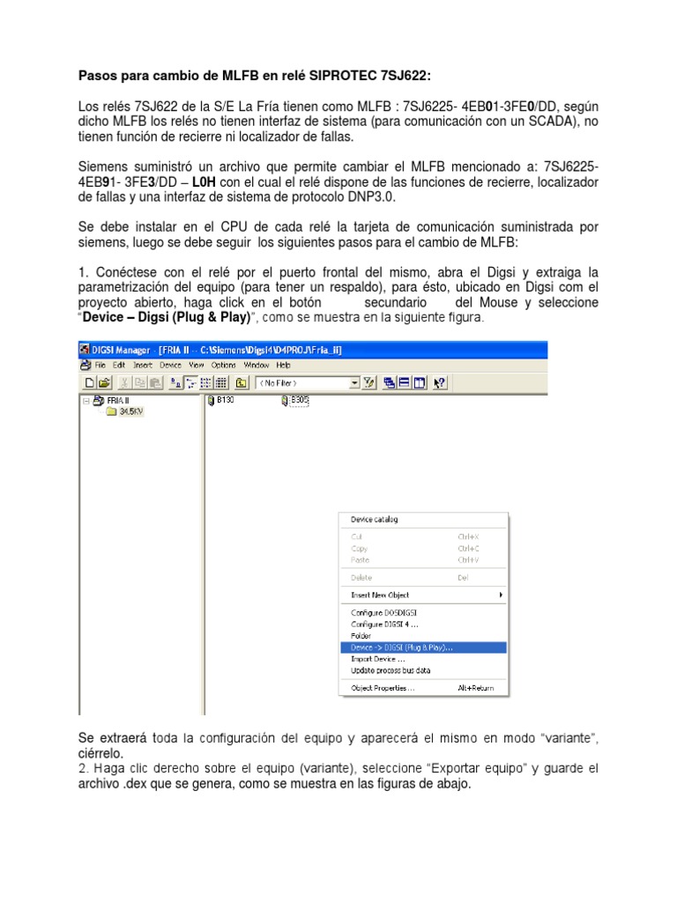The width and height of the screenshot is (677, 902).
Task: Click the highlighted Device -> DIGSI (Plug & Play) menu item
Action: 402,647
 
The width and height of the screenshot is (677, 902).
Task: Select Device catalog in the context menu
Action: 375,520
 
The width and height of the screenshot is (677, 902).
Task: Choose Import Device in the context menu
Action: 378,659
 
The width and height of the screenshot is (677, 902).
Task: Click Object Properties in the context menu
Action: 383,688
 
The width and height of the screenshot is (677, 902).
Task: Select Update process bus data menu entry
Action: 392,670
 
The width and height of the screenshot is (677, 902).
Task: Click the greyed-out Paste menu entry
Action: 361,560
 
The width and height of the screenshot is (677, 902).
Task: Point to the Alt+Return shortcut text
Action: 475,688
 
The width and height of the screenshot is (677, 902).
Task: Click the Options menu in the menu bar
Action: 223,365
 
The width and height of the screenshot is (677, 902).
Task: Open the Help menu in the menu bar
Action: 283,365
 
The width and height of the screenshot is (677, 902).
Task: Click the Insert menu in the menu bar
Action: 143,365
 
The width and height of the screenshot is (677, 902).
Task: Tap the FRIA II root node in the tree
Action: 117,401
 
